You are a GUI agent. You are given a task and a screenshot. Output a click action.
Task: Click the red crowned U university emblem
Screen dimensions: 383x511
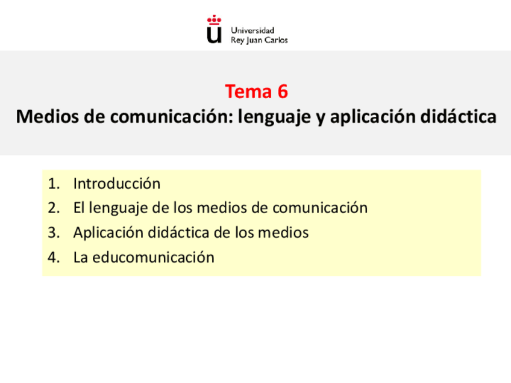point(214,30)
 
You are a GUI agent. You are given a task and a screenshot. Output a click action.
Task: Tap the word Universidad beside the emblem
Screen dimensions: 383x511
point(252,30)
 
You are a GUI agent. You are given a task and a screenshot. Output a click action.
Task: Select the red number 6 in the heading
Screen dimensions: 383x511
point(282,92)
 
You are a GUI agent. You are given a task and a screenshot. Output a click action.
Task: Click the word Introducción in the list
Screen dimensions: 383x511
point(117,183)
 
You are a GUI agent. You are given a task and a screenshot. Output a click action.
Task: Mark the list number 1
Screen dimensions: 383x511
point(53,183)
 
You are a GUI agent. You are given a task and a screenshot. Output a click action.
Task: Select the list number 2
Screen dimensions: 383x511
point(53,208)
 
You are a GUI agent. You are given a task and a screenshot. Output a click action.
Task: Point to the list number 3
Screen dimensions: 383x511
point(53,232)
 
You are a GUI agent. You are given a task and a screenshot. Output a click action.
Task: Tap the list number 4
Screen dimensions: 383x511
point(53,257)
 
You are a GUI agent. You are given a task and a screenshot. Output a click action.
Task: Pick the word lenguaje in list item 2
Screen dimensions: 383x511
point(116,208)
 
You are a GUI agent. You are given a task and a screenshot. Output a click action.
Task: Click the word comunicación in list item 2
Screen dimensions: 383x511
point(319,208)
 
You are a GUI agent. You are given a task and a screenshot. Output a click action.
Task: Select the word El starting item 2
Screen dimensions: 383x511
point(79,208)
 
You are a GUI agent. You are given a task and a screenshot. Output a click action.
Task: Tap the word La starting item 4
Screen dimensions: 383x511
point(80,257)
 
